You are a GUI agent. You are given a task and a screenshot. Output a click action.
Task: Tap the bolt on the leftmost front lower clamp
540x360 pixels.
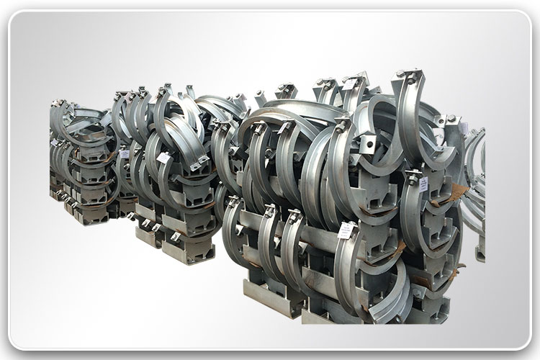click(x=233, y=202)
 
